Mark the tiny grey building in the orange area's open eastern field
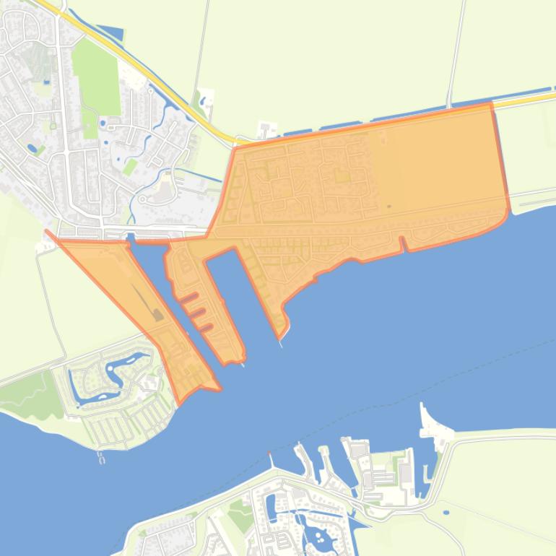388,207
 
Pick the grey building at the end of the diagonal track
157,314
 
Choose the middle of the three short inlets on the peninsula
196,313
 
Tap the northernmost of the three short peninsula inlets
188,297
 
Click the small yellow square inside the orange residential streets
342,176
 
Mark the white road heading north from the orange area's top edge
455,51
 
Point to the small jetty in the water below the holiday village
102,457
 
